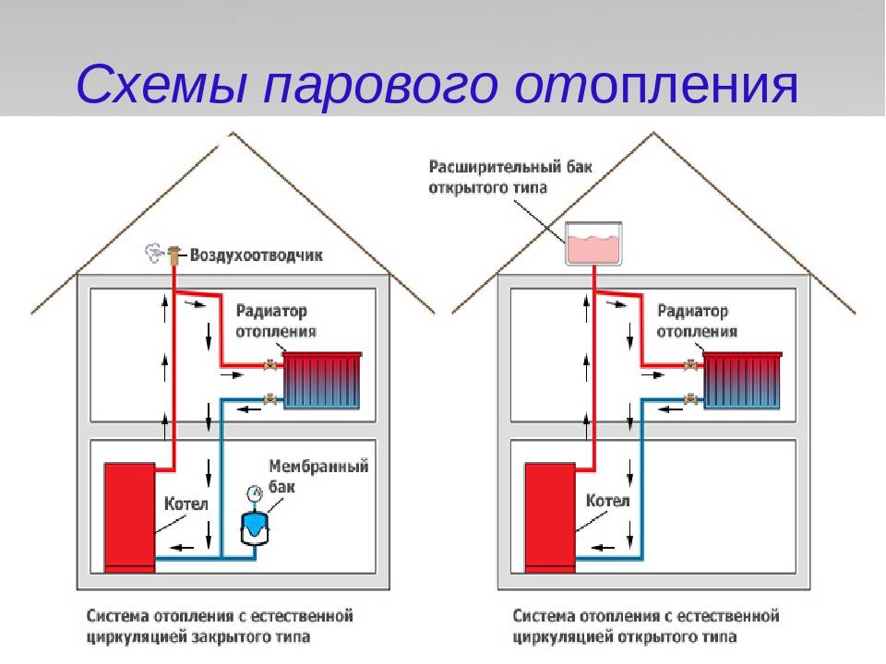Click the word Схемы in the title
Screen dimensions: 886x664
(x=162, y=85)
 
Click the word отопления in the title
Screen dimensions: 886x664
(x=656, y=85)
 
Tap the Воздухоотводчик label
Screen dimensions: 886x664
(x=256, y=255)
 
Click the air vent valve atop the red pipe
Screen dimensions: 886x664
(x=174, y=255)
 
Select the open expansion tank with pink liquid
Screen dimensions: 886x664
(x=593, y=243)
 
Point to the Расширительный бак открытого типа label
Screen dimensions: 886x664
(x=510, y=177)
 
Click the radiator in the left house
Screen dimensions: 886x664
(x=322, y=380)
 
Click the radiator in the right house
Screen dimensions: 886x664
(x=743, y=380)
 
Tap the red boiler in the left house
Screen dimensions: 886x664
(x=129, y=516)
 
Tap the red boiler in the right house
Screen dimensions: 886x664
(x=550, y=516)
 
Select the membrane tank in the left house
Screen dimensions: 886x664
(x=255, y=528)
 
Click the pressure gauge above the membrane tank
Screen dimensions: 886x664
(x=255, y=493)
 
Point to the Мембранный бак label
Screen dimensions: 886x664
(x=318, y=476)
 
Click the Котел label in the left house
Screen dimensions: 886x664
(x=186, y=504)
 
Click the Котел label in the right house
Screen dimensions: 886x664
(x=607, y=500)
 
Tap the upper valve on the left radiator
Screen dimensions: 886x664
(x=271, y=365)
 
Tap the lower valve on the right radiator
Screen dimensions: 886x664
(x=691, y=399)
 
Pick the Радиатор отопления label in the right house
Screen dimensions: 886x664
(x=697, y=321)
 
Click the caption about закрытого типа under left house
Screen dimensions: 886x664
(x=220, y=626)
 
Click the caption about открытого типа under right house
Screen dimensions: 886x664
(x=646, y=626)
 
